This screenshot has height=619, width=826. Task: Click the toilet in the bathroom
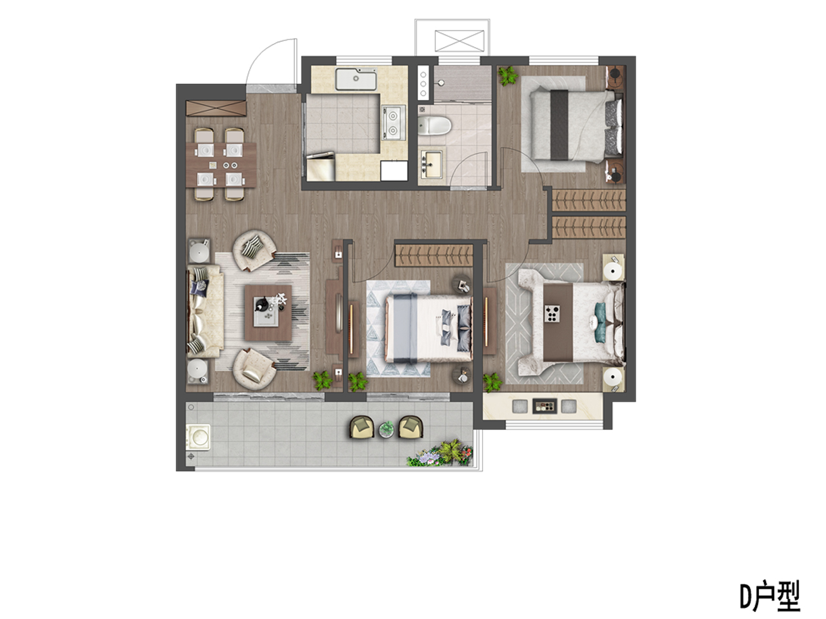click(434, 126)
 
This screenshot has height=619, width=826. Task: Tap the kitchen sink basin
click(356, 79)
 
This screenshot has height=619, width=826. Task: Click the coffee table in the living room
click(268, 313)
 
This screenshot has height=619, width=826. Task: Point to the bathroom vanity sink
click(432, 164)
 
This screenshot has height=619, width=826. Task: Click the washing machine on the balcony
click(198, 437)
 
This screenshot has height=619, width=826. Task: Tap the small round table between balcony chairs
click(386, 429)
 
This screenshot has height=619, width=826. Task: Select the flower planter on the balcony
click(439, 454)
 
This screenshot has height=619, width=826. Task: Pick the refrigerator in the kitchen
click(321, 166)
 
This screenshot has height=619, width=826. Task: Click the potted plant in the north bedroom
click(508, 76)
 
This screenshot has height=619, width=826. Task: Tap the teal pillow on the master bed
click(601, 323)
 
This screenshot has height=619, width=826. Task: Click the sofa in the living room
click(205, 311)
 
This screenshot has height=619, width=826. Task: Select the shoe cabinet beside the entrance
click(216, 108)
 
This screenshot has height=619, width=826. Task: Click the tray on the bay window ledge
click(544, 406)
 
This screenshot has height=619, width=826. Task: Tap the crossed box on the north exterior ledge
click(459, 41)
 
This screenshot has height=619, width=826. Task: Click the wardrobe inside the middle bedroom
click(434, 255)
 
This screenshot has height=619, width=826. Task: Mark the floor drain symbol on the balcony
click(191, 457)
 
